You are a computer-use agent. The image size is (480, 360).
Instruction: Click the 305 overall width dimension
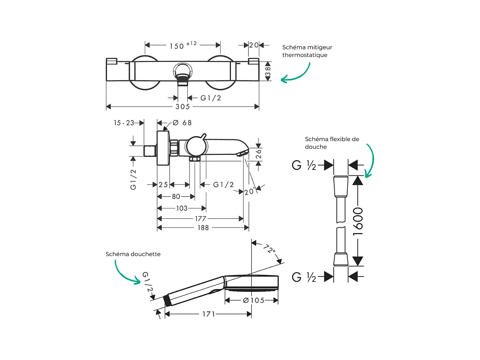183,107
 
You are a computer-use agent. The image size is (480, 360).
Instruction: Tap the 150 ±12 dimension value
183,45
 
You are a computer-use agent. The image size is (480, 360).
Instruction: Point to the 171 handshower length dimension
208,314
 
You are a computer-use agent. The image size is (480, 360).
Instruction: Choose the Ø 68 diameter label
182,123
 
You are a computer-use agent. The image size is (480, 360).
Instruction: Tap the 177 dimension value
200,218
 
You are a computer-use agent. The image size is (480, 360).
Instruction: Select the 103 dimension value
181,208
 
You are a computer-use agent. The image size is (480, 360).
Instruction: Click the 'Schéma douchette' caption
133,254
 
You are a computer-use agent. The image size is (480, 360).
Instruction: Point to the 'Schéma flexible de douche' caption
332,143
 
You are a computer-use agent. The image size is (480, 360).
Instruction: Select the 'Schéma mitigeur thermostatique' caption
307,51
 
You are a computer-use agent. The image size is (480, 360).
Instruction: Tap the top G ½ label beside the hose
304,165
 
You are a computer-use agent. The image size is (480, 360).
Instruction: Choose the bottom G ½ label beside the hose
304,277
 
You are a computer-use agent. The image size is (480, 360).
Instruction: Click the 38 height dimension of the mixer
268,71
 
